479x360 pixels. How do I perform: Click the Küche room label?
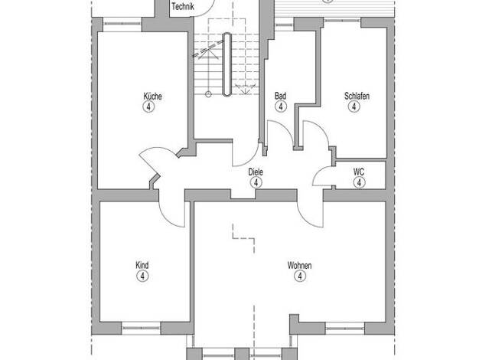pos(152,96)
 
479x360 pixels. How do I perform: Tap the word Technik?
pos(183,6)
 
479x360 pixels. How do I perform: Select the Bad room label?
pos(280,96)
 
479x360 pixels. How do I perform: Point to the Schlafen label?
pos(357,96)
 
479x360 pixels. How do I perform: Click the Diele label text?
pos(256,172)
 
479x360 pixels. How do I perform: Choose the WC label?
pos(359,172)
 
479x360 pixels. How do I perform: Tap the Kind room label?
pos(142,265)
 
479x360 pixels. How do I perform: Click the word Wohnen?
pos(299,265)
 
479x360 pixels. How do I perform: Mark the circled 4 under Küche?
pos(148,107)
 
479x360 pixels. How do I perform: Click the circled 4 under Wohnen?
pos(300,277)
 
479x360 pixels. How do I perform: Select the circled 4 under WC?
pos(360,182)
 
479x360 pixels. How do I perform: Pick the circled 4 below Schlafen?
pos(354,106)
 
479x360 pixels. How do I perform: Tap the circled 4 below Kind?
pos(142,277)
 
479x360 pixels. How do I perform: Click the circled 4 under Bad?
pos(281,106)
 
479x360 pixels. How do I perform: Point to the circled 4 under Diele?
pos(256,182)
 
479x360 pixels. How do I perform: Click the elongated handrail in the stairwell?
pos(227,64)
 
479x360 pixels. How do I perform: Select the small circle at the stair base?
pos(208,94)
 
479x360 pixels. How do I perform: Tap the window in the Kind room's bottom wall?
pos(141,328)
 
